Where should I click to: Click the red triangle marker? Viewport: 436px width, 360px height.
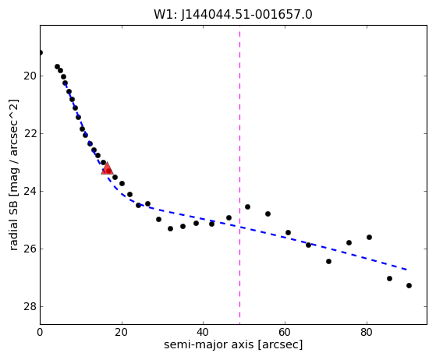click(107, 169)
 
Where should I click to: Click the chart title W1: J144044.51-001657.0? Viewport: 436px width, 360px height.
click(233, 15)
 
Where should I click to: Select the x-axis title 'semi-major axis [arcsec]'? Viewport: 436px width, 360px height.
click(233, 344)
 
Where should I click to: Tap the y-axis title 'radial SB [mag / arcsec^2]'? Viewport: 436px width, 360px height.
click(13, 175)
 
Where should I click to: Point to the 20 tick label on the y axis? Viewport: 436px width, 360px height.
click(30, 76)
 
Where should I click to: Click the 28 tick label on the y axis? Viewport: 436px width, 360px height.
click(30, 307)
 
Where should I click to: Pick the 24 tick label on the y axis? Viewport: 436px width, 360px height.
click(30, 192)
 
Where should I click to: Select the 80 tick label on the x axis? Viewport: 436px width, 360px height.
click(367, 332)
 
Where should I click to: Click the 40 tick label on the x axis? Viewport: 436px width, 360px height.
click(204, 332)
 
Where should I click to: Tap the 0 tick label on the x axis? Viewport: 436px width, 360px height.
click(40, 332)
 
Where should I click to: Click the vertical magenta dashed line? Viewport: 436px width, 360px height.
click(239, 175)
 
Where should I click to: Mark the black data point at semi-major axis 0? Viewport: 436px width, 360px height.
click(41, 52)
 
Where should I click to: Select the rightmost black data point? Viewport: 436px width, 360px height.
click(409, 285)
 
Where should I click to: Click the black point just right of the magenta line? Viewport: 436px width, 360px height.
click(247, 207)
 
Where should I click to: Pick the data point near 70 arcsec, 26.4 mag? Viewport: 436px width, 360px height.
click(328, 261)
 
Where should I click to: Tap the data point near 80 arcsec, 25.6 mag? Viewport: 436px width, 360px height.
click(369, 237)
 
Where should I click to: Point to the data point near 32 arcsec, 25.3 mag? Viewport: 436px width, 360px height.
click(171, 228)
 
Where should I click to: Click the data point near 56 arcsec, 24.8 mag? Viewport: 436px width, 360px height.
click(268, 214)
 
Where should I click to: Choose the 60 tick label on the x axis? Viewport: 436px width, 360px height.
click(285, 332)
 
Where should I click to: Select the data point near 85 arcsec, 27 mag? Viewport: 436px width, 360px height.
click(389, 279)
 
